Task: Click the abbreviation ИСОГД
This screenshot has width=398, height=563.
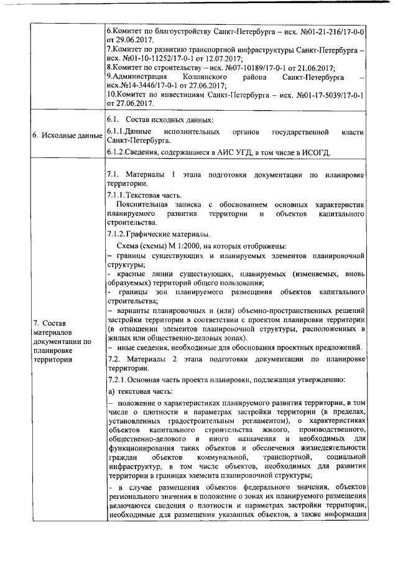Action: [x=317, y=153]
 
